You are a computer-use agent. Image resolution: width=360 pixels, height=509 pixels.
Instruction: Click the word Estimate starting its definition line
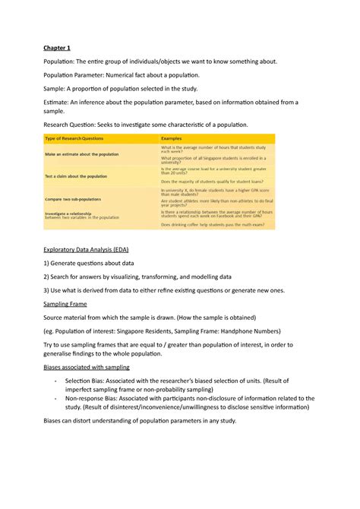coord(57,101)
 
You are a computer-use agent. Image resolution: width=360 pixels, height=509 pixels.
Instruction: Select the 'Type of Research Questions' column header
coord(74,138)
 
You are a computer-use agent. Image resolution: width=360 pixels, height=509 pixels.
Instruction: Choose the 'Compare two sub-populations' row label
coord(77,199)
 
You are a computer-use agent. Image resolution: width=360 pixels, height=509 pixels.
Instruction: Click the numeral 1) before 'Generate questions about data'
coord(46,263)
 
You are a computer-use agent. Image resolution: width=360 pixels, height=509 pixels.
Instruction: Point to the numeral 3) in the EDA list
coord(46,290)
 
